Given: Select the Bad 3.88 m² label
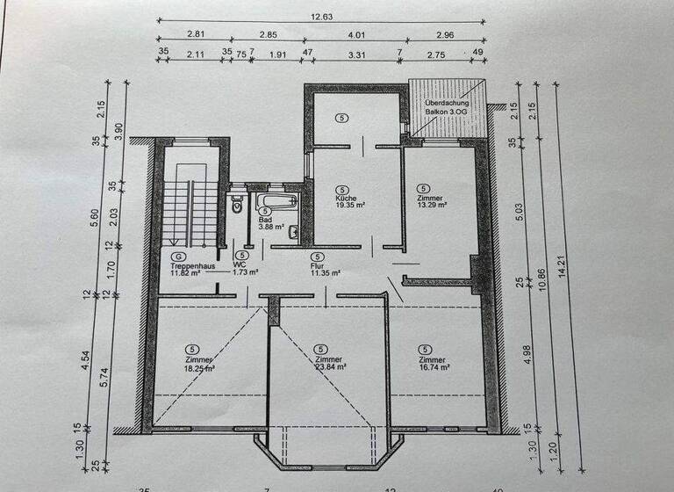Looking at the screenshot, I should [x=266, y=222].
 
